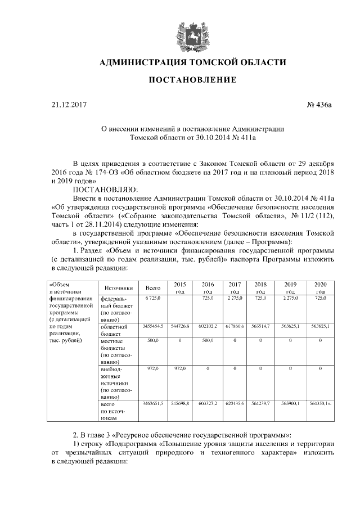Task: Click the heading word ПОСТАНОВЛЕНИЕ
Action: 192,80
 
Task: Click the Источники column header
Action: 118,287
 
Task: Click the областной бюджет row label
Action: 114,330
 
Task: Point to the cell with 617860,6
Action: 235,326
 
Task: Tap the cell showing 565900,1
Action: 291,404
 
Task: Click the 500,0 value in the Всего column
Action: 152,341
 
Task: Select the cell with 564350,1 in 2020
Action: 320,404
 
